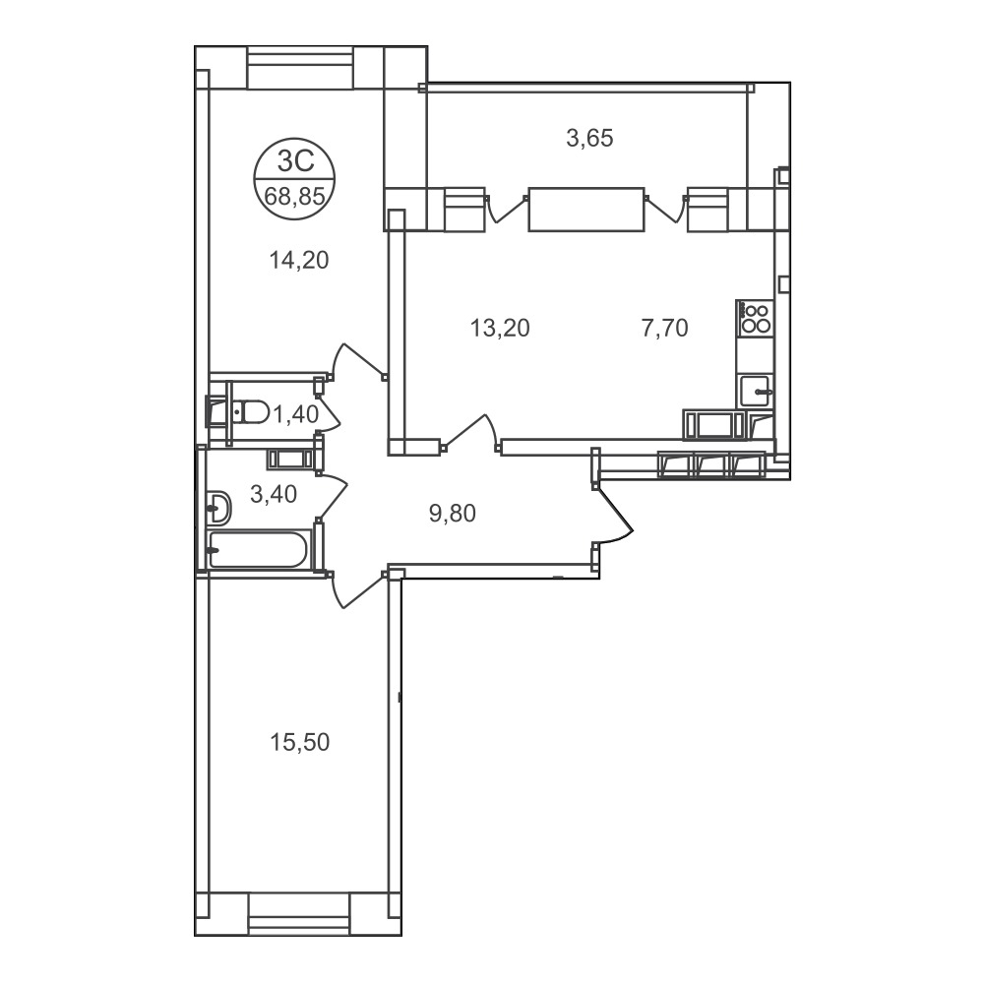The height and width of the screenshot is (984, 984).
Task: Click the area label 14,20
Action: (x=299, y=260)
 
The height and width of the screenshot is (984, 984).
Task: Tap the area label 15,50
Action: (x=299, y=742)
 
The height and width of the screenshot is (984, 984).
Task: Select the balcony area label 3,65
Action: (x=589, y=138)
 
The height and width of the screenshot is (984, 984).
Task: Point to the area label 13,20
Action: (x=500, y=328)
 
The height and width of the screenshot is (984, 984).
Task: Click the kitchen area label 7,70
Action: (x=664, y=328)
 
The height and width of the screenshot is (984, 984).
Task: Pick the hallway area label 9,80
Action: (x=453, y=514)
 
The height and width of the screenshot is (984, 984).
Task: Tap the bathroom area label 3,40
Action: (x=274, y=495)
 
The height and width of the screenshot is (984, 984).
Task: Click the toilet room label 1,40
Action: (x=295, y=414)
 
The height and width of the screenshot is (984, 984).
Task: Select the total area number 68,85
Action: (x=294, y=197)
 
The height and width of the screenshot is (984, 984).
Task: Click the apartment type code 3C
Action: (x=295, y=162)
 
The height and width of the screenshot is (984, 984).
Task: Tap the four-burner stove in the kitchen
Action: (x=755, y=318)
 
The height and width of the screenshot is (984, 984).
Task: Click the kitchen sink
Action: (x=756, y=391)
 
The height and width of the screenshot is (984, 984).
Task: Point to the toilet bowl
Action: (x=249, y=411)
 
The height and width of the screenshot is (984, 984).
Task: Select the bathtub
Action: (x=258, y=550)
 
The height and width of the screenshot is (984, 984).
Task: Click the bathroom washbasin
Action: (x=218, y=507)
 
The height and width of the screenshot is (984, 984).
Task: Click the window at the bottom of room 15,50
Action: (x=299, y=914)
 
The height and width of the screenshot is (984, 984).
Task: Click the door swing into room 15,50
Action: (x=356, y=589)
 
